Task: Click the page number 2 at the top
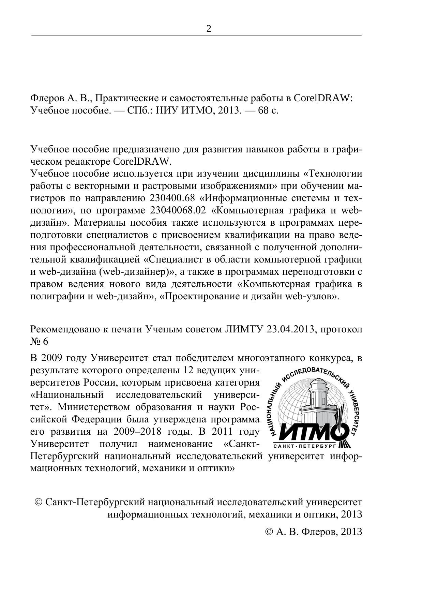click(x=209, y=29)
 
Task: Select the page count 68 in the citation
click(x=263, y=111)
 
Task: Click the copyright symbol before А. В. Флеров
click(x=269, y=532)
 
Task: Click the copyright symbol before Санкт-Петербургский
click(x=39, y=502)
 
